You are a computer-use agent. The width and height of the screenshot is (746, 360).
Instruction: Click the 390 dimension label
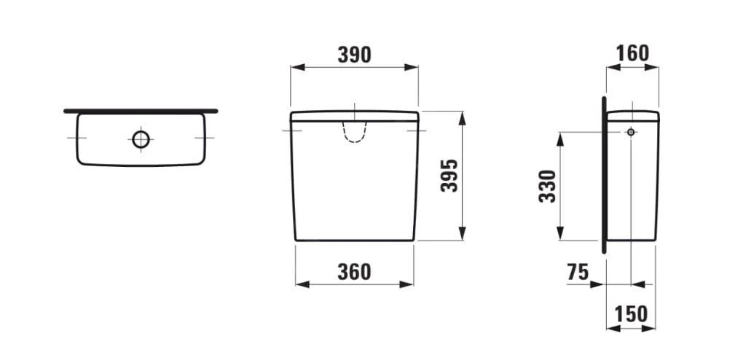tap(354, 55)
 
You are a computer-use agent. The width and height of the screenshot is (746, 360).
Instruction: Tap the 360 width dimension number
tap(354, 272)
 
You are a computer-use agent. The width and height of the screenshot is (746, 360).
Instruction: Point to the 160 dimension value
tap(632, 54)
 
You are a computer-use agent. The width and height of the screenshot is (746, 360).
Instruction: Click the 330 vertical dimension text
tap(547, 187)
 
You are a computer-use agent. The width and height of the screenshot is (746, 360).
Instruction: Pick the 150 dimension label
tap(631, 314)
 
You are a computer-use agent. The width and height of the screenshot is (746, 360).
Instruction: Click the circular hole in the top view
tap(141, 138)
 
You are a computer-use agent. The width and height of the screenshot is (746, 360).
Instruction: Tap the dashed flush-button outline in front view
tap(354, 131)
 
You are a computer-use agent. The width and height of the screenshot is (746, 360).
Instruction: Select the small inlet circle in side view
tap(631, 132)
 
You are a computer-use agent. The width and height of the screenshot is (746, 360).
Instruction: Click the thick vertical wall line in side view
tap(604, 175)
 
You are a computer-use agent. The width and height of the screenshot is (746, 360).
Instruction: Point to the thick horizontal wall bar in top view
tap(141, 111)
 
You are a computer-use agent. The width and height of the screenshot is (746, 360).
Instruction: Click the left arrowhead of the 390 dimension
tap(295, 67)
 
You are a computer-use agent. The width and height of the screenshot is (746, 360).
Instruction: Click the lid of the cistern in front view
tap(354, 116)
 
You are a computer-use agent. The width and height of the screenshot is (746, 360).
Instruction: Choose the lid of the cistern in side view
tap(633, 115)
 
